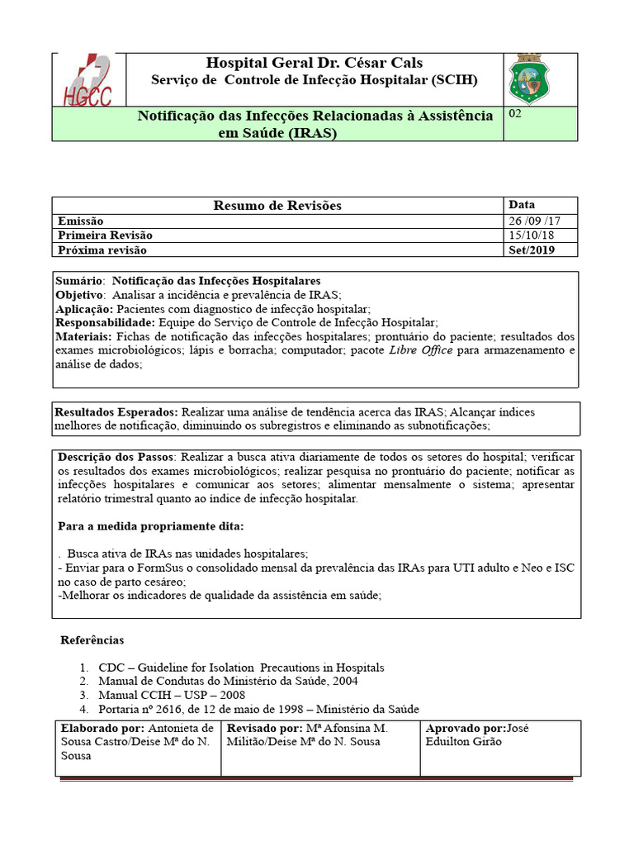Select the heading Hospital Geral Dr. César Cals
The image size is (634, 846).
tap(314, 64)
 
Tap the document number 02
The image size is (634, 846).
tap(515, 115)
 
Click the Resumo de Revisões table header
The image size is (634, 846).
tap(277, 205)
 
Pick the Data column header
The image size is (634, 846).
tap(522, 204)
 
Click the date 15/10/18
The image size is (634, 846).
tap(532, 235)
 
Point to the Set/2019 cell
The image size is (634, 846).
tap(532, 250)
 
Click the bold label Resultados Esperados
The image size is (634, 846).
tap(116, 411)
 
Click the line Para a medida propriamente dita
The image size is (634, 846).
tap(151, 526)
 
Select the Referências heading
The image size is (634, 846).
tap(92, 640)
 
